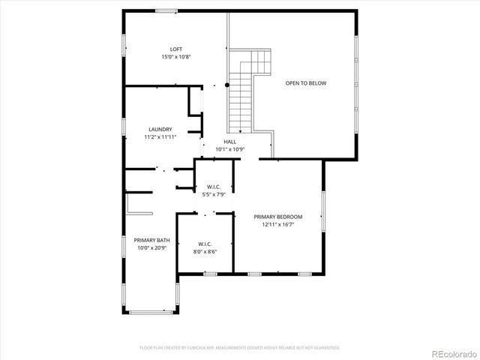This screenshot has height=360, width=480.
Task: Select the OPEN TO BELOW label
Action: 305,83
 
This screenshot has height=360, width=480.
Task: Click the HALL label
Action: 230,142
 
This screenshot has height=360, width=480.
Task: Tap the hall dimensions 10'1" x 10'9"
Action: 230,149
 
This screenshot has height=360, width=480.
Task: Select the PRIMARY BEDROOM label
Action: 277,217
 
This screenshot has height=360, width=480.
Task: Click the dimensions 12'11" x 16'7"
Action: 277,224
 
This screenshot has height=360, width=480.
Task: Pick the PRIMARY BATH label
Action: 152,240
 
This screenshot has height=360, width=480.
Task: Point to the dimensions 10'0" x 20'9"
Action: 152,247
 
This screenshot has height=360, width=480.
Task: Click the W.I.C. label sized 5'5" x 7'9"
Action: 214,187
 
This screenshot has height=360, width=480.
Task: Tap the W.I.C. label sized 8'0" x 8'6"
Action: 205,244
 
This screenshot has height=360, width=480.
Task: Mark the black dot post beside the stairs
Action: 227,85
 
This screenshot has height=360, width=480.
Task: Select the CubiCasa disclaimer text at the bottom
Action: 240,347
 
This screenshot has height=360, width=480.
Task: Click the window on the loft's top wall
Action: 166,10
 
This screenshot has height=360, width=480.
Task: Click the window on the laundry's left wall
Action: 124,127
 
